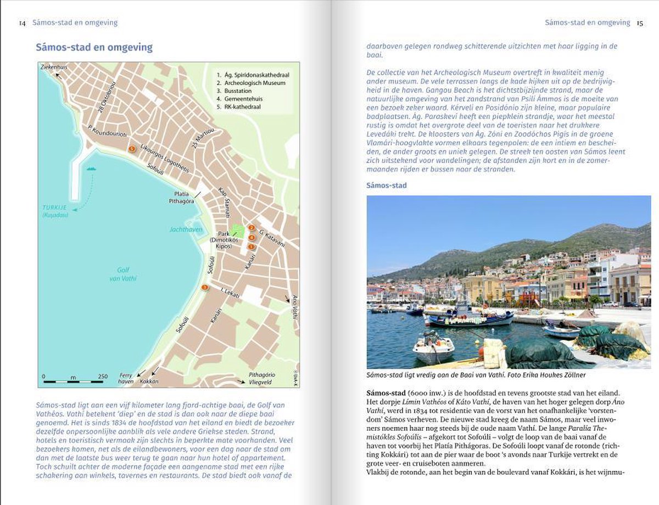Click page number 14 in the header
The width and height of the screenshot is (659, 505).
click(22, 23)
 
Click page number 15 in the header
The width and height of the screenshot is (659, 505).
click(640, 23)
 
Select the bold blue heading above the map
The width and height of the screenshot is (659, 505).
click(94, 48)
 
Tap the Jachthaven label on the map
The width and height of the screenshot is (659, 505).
click(186, 229)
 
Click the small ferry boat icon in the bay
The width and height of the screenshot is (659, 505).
click(91, 169)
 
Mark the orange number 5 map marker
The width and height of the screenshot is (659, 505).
click(132, 149)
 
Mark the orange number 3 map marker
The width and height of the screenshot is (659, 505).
click(205, 287)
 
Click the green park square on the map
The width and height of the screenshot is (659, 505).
click(237, 231)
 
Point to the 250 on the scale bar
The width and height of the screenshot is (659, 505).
click(103, 376)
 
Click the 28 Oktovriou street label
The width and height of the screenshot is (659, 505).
click(107, 97)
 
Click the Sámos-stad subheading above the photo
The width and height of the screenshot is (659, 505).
click(387, 186)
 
